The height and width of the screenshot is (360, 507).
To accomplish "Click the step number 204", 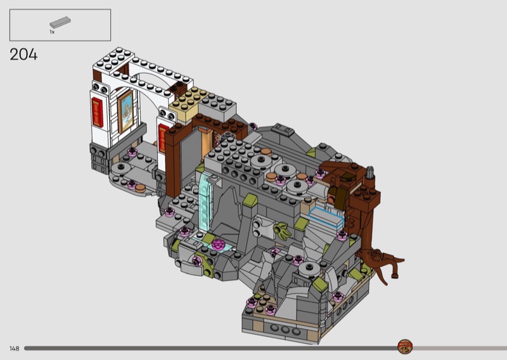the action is click(x=23, y=55).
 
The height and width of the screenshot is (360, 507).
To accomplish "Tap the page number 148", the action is click(x=15, y=349).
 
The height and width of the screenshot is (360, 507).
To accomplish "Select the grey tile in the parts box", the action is click(x=60, y=22).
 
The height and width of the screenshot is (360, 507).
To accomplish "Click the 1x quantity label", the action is click(x=52, y=32).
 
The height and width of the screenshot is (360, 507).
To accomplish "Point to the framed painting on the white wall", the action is click(x=125, y=112).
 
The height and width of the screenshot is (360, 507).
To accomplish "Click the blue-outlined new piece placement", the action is click(x=326, y=216).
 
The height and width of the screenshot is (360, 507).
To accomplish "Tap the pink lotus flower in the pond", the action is click(x=219, y=244).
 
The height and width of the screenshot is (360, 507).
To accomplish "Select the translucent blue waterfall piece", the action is click(x=205, y=201).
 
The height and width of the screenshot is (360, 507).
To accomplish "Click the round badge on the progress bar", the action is click(x=404, y=347).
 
